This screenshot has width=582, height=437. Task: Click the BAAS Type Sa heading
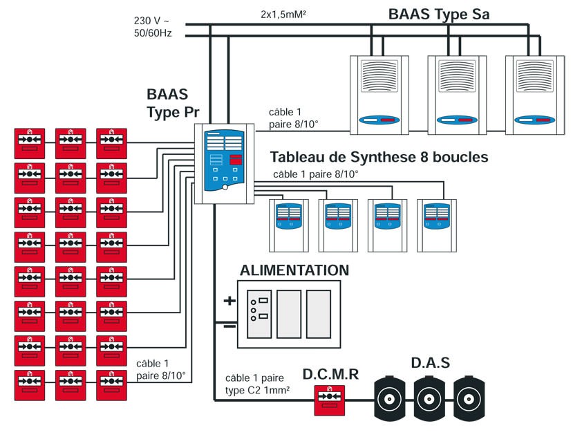pyautogui.click(x=439, y=14)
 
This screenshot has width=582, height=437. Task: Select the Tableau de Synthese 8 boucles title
pyautogui.click(x=379, y=158)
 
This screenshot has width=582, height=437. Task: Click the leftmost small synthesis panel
pyautogui.click(x=290, y=225)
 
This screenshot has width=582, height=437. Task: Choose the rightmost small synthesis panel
pyautogui.click(x=438, y=225)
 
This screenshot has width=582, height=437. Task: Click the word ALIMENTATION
pyautogui.click(x=294, y=270)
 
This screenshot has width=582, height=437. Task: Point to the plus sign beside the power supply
pyautogui.click(x=229, y=301)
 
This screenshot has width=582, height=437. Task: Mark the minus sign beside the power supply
pyautogui.click(x=229, y=325)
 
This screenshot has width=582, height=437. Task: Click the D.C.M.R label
pyautogui.click(x=330, y=374)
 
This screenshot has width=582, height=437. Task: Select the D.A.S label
pyautogui.click(x=430, y=362)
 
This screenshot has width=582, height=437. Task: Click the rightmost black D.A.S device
pyautogui.click(x=473, y=399)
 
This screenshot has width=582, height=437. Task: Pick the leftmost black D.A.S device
pyautogui.click(x=391, y=399)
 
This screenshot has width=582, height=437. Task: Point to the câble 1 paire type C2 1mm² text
pyautogui.click(x=256, y=384)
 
